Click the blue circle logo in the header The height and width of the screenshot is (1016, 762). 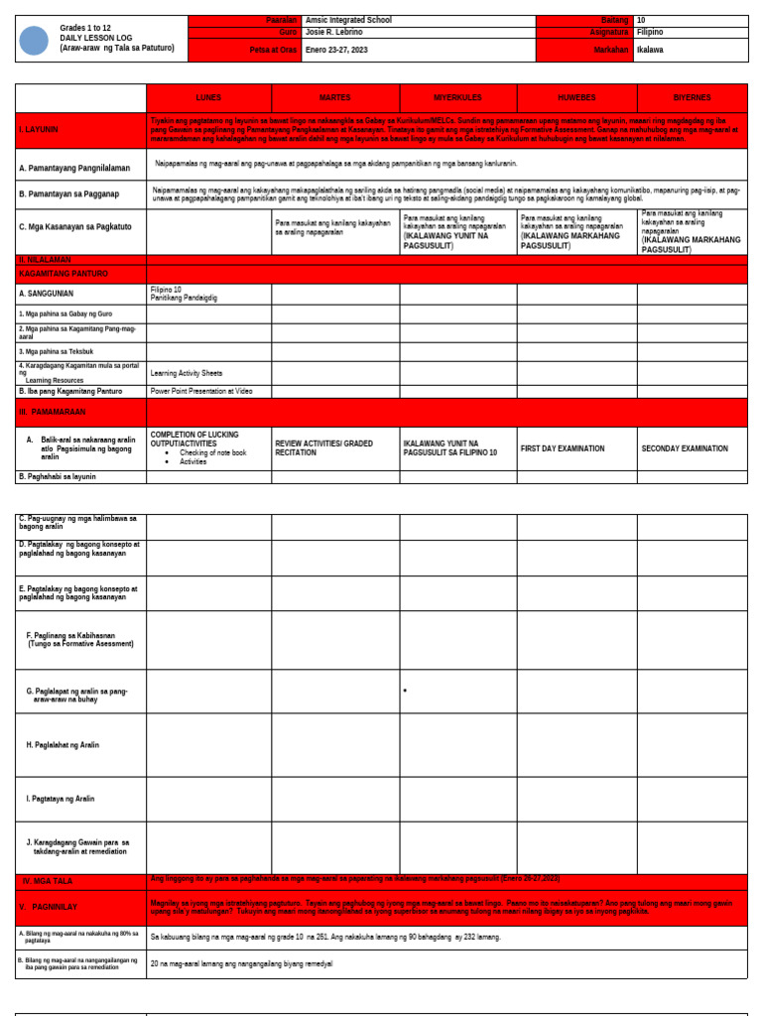coord(34,41)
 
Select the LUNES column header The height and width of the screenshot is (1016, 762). coord(208,98)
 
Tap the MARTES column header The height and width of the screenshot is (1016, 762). coord(334,98)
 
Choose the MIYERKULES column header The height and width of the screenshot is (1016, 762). coord(457,98)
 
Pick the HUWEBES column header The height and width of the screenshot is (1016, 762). coord(576,98)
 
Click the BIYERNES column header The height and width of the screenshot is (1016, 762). coord(692,98)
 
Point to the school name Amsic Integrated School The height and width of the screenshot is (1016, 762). coord(349,20)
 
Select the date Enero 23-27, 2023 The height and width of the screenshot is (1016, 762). coord(336,50)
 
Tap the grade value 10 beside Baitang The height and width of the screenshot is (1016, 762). coord(641,20)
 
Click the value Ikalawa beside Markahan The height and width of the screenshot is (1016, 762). coord(650,50)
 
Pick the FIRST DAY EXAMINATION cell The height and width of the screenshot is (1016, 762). coord(562,448)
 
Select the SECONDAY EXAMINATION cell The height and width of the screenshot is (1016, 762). coord(684,448)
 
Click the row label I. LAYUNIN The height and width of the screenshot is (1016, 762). coord(39,129)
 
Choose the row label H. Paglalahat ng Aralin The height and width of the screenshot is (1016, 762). coord(63,744)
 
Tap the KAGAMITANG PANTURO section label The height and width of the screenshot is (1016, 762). coord(63,273)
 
